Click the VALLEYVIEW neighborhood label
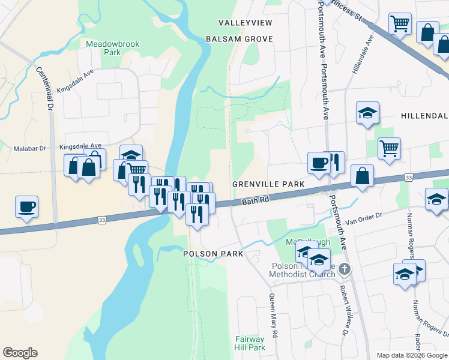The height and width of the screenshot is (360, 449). pos(245,23)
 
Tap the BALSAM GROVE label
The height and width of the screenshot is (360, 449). pos(239,39)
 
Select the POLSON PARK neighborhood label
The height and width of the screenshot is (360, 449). pos(213,254)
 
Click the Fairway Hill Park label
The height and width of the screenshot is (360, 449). pos(250,343)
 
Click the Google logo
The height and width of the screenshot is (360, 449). pos(20,353)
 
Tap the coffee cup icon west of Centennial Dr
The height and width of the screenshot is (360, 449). pos(27,206)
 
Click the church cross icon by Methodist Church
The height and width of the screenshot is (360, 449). pos(343,269)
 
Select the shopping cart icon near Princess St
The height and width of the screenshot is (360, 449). pos(400,24)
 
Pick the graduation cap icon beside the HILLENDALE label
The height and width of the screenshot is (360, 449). pos(367,112)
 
